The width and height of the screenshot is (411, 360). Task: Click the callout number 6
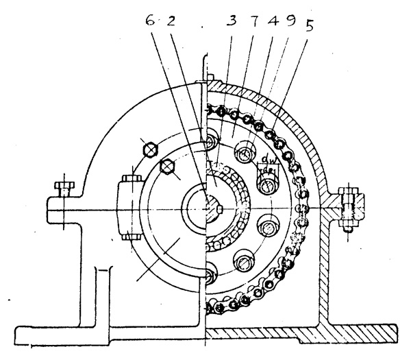[x=150, y=20]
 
